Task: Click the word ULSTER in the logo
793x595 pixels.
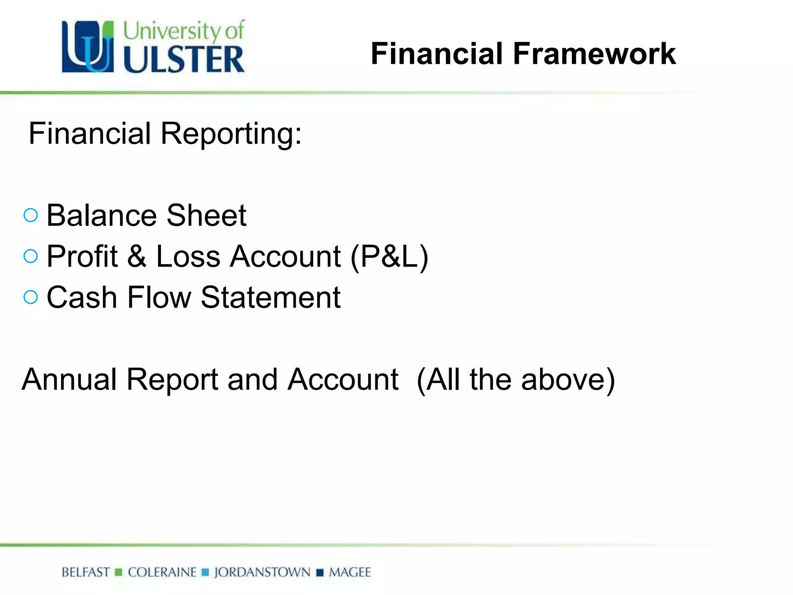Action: pyautogui.click(x=184, y=59)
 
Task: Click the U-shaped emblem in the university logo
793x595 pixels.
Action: pyautogui.click(x=88, y=47)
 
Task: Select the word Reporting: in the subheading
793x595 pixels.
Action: pyautogui.click(x=231, y=134)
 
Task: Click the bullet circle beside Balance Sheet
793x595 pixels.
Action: pyautogui.click(x=31, y=215)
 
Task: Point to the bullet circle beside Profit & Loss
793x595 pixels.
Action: pyautogui.click(x=31, y=256)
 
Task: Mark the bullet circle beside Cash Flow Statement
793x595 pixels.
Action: pyautogui.click(x=31, y=297)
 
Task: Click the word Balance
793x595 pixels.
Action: pyautogui.click(x=101, y=215)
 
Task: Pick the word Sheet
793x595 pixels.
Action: pyautogui.click(x=206, y=215)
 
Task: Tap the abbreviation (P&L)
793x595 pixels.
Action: pyautogui.click(x=389, y=256)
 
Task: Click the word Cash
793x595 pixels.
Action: pyautogui.click(x=82, y=297)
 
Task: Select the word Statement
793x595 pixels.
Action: pyautogui.click(x=270, y=297)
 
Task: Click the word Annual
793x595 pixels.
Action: pyautogui.click(x=69, y=379)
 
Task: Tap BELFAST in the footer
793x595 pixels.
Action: pyautogui.click(x=86, y=572)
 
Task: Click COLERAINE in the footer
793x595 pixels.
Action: pyautogui.click(x=162, y=572)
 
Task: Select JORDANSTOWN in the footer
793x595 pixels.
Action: pyautogui.click(x=262, y=572)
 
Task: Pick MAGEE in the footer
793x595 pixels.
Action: pyautogui.click(x=350, y=572)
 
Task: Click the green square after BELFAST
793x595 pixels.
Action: pyautogui.click(x=118, y=573)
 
